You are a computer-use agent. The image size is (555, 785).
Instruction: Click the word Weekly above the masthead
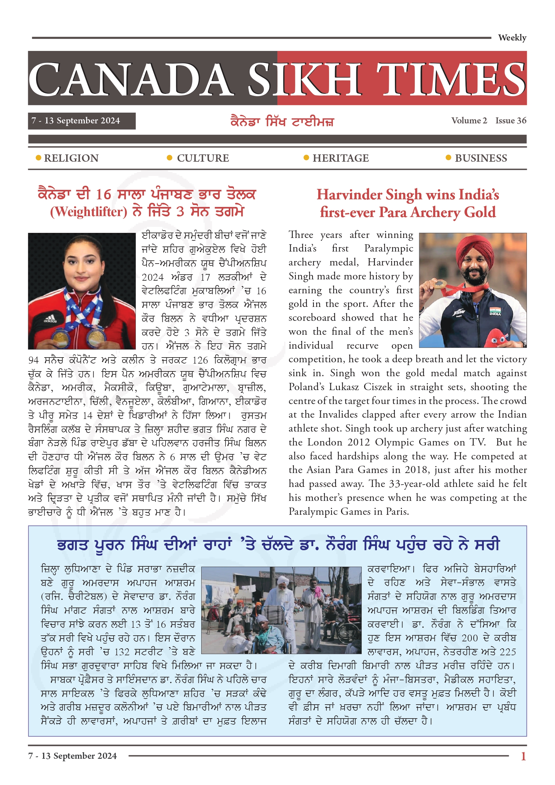[x=512, y=38]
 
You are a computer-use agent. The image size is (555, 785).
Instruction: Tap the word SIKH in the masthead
[x=304, y=79]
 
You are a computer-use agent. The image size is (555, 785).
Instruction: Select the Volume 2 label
[x=469, y=121]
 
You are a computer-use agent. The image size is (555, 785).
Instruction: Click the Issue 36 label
[x=511, y=121]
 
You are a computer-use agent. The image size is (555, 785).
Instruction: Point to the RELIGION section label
[x=71, y=158]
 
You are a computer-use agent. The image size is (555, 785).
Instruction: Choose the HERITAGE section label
[x=340, y=158]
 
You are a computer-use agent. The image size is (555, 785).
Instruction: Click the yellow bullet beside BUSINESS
[x=448, y=158]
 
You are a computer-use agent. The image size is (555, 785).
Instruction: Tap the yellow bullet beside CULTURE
[x=169, y=158]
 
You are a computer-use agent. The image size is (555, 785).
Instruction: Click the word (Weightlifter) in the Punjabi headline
[x=89, y=212]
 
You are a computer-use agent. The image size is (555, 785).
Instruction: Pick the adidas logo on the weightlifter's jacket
[x=50, y=320]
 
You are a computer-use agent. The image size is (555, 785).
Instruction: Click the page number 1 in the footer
[x=523, y=756]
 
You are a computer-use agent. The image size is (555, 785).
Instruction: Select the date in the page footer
[x=72, y=756]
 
